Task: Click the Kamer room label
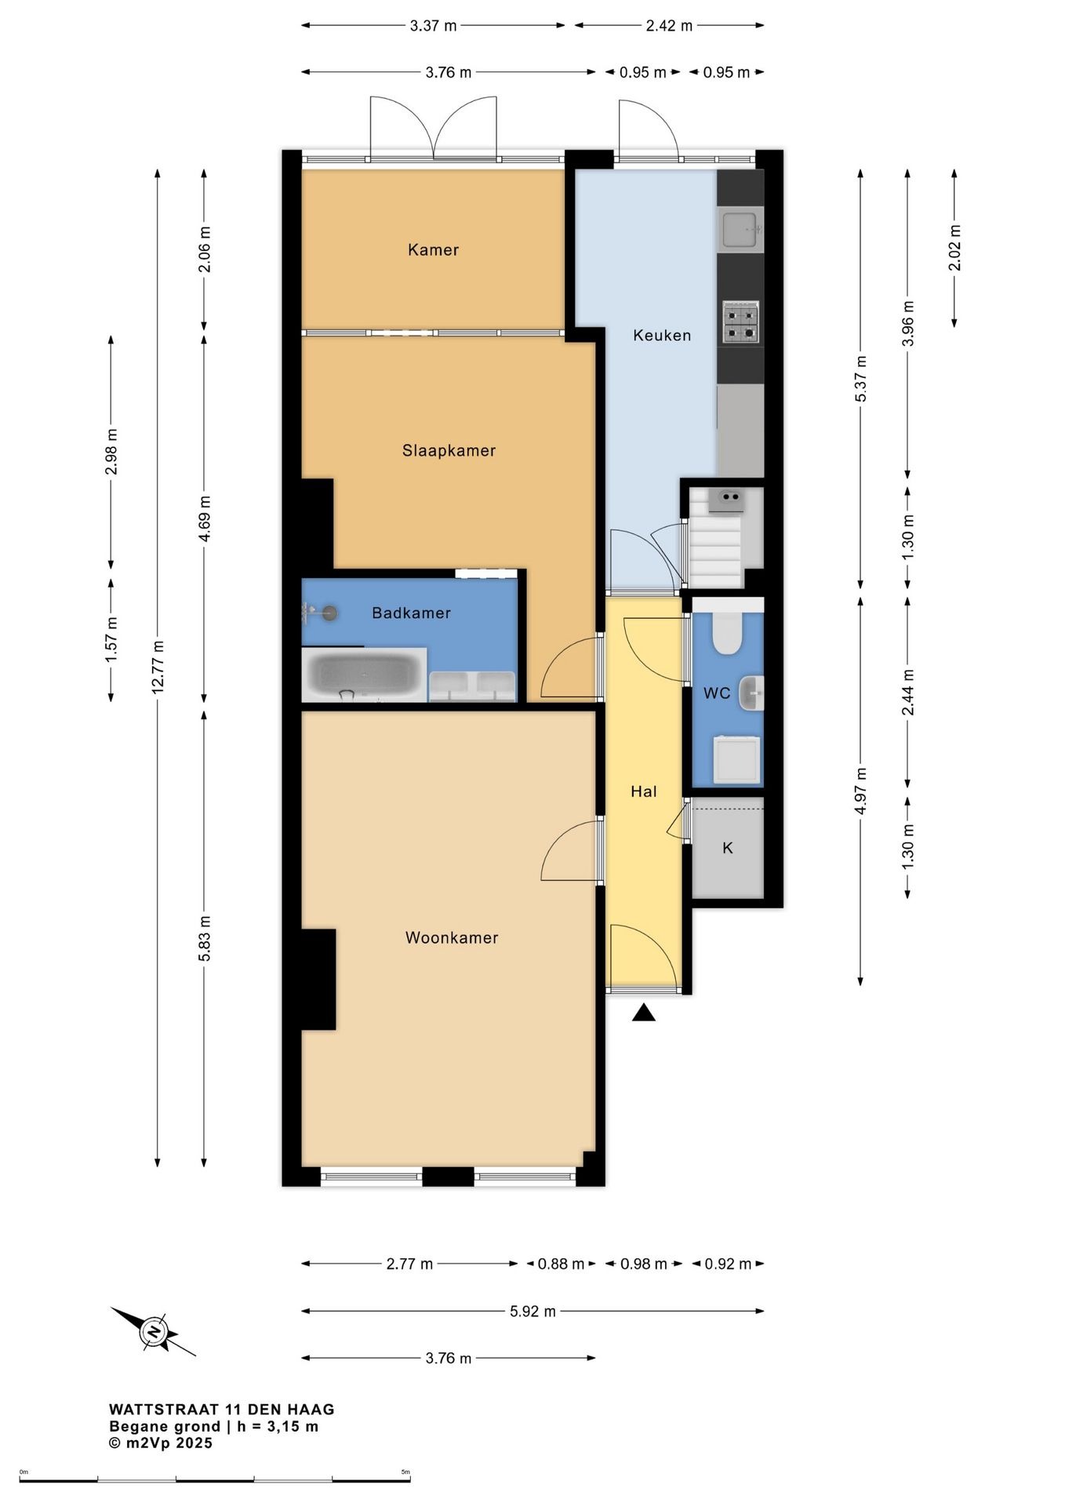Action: tap(433, 250)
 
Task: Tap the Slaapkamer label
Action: tap(449, 451)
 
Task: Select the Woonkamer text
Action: tap(452, 938)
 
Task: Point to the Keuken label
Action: tap(662, 336)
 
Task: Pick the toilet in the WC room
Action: tap(727, 633)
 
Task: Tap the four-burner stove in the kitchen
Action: tap(741, 322)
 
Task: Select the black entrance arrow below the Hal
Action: tap(644, 1013)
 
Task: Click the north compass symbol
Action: tap(154, 1332)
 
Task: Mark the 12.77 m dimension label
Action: tap(158, 667)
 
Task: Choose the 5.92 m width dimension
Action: tap(532, 1311)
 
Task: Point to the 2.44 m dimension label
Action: tap(907, 693)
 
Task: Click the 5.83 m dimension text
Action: tap(204, 939)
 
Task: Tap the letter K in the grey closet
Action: tap(728, 848)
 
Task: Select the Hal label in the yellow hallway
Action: tap(644, 792)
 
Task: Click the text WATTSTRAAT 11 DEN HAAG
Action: tap(222, 1410)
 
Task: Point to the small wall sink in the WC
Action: tap(751, 693)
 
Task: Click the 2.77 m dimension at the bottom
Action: tap(409, 1264)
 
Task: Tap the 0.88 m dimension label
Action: tap(561, 1264)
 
